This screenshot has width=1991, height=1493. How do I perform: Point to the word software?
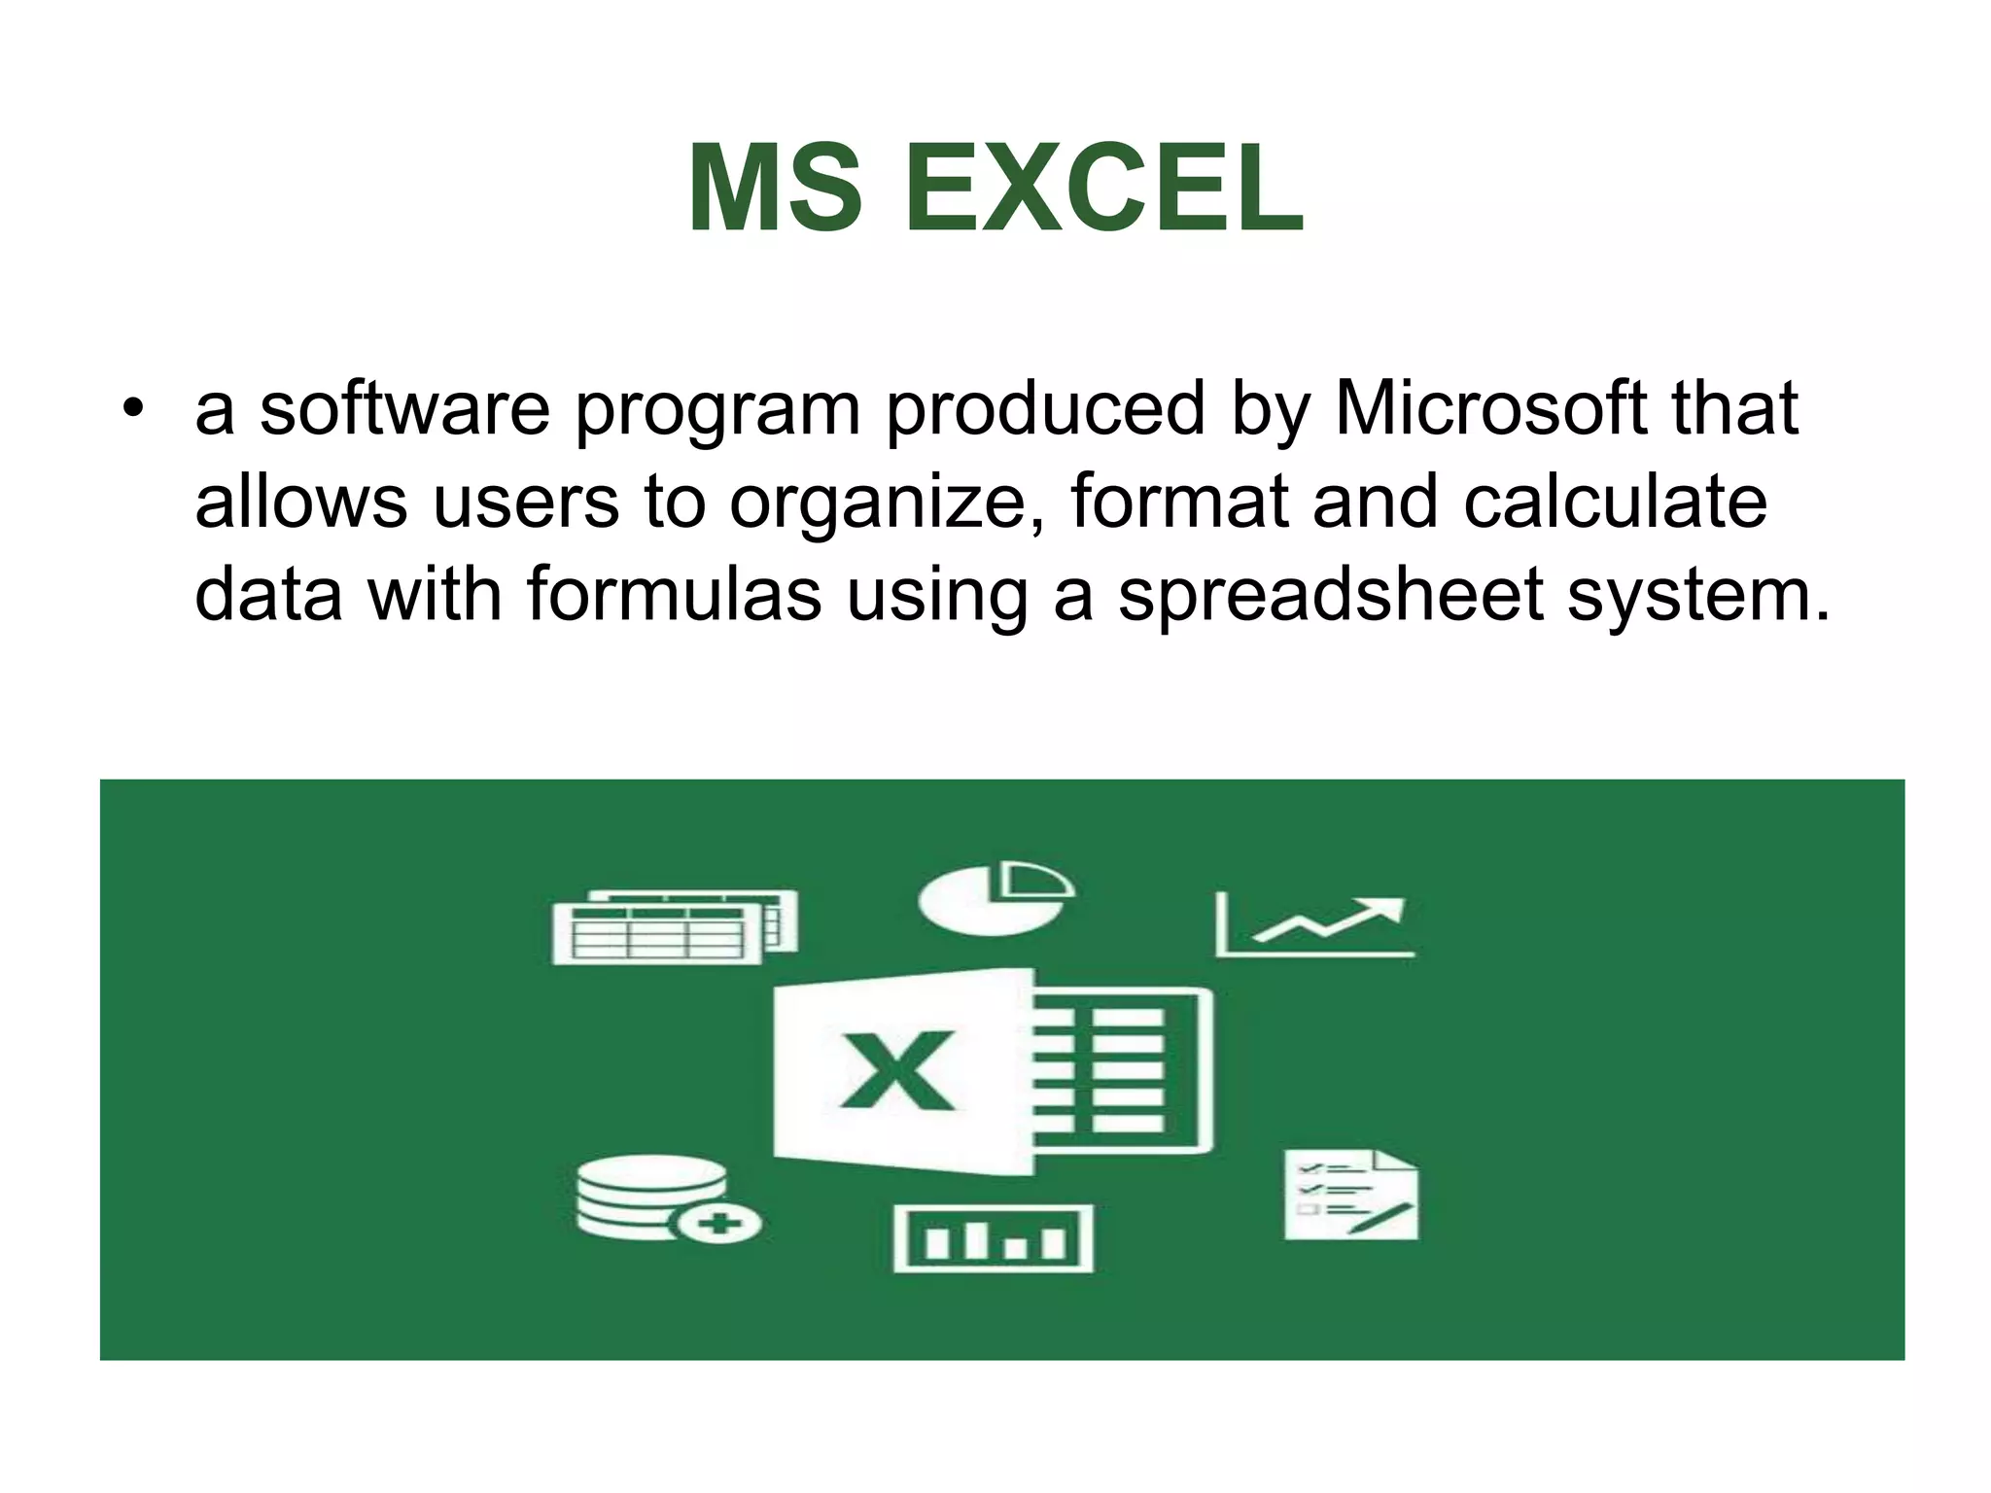pos(404,408)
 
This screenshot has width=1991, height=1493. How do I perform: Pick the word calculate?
pos(1615,502)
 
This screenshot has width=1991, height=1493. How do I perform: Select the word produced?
pos(1045,408)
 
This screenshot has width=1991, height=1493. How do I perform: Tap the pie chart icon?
pos(995,898)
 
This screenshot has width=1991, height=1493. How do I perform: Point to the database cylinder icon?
pos(650,1195)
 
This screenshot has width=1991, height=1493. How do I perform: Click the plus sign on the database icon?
pos(719,1223)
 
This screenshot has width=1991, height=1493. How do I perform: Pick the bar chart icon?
pos(993,1237)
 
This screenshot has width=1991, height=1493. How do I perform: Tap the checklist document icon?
pos(1350,1195)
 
